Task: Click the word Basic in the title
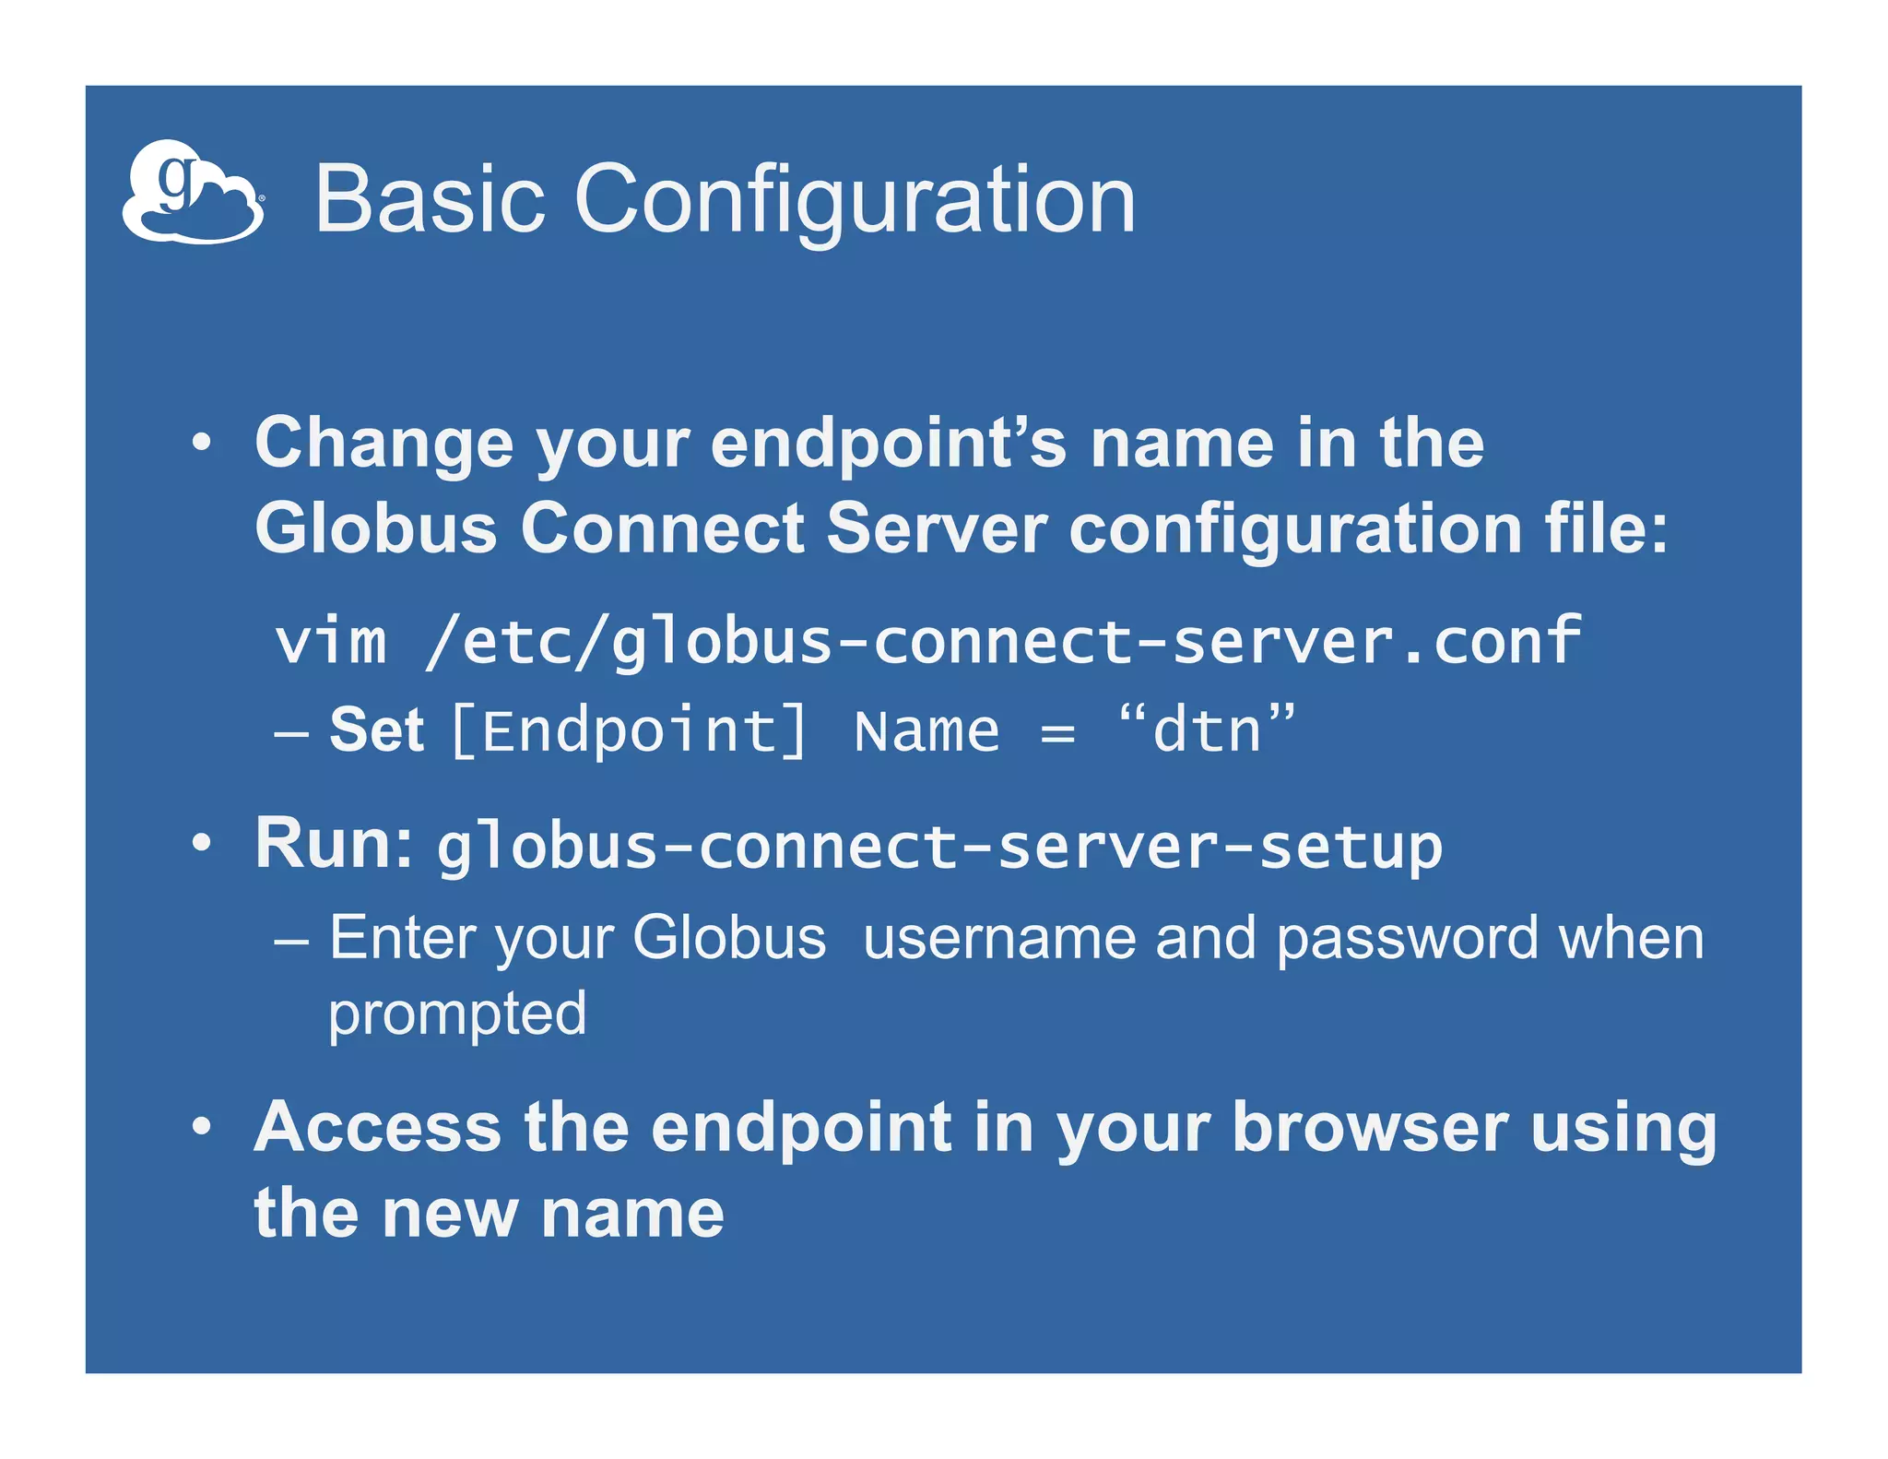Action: [430, 199]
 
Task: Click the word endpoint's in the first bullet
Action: [888, 445]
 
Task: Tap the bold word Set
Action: [376, 730]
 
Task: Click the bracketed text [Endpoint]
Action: [630, 731]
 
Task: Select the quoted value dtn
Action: [1207, 730]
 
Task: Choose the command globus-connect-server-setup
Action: [939, 847]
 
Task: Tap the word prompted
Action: [457, 1014]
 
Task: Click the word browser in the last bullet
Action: [1370, 1127]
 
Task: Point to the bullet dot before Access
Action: [202, 1126]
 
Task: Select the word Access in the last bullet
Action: [378, 1127]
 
